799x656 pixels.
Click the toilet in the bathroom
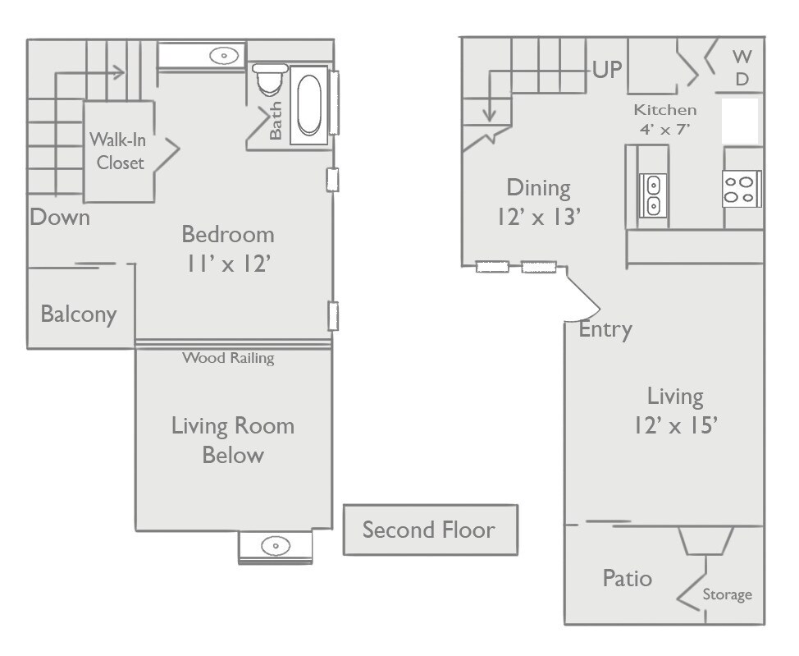point(270,79)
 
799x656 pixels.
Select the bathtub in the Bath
point(309,105)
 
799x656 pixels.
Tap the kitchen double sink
point(653,195)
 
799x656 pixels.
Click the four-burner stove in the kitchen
point(742,189)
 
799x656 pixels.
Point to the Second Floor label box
point(431,530)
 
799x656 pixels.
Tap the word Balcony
point(79,314)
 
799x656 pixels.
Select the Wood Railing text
point(228,358)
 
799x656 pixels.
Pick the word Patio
point(628,579)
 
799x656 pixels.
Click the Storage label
point(727,594)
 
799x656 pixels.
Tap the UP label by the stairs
point(607,69)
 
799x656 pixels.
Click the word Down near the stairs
point(60,218)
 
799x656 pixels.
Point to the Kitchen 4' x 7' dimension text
point(665,119)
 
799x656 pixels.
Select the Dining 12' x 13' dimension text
point(539,202)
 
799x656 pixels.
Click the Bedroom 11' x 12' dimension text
point(228,249)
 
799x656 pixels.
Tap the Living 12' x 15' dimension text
point(676,411)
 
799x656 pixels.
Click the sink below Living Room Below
point(276,546)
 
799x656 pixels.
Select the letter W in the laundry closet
point(742,57)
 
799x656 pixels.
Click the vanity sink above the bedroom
point(224,55)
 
